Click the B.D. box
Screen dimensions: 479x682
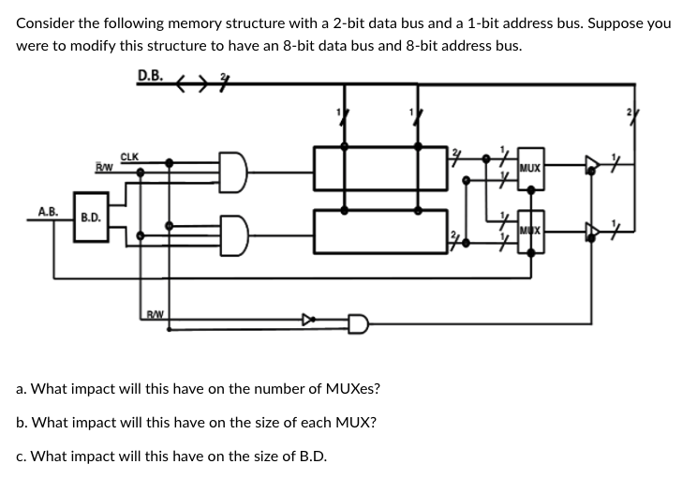(x=91, y=217)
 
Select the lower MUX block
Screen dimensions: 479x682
(x=529, y=231)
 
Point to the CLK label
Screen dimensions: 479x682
(x=130, y=157)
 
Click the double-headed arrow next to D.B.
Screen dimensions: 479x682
(x=194, y=80)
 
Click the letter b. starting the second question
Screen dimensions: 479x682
(x=22, y=423)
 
